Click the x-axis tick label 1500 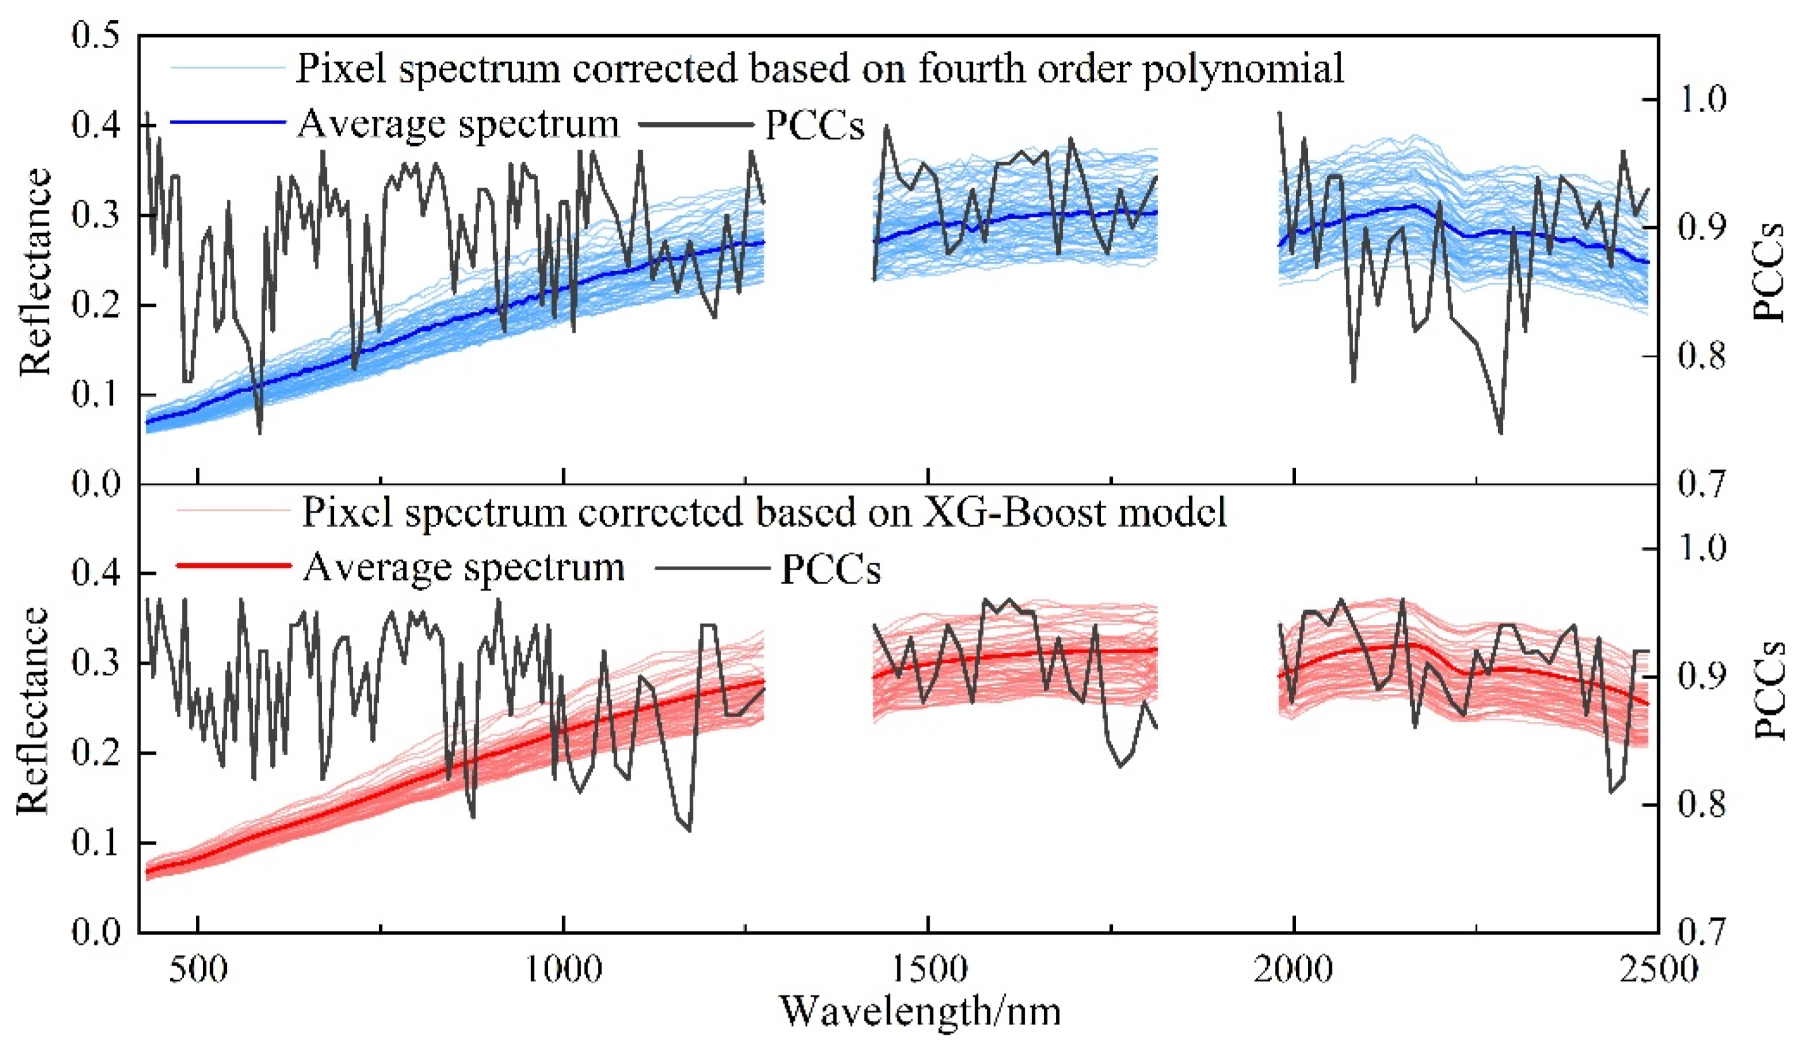[x=928, y=970]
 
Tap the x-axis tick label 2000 [x=1293, y=970]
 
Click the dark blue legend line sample [x=228, y=123]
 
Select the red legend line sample [x=233, y=566]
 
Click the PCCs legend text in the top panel [x=815, y=126]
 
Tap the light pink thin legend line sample [x=233, y=511]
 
